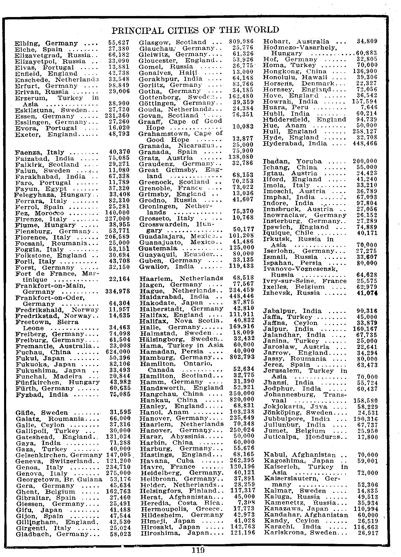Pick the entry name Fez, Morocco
[40, 213]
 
